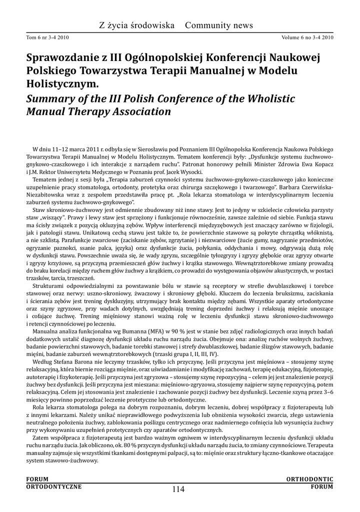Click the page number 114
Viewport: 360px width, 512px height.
click(x=178, y=489)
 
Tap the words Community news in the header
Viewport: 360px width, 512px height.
click(x=219, y=25)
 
